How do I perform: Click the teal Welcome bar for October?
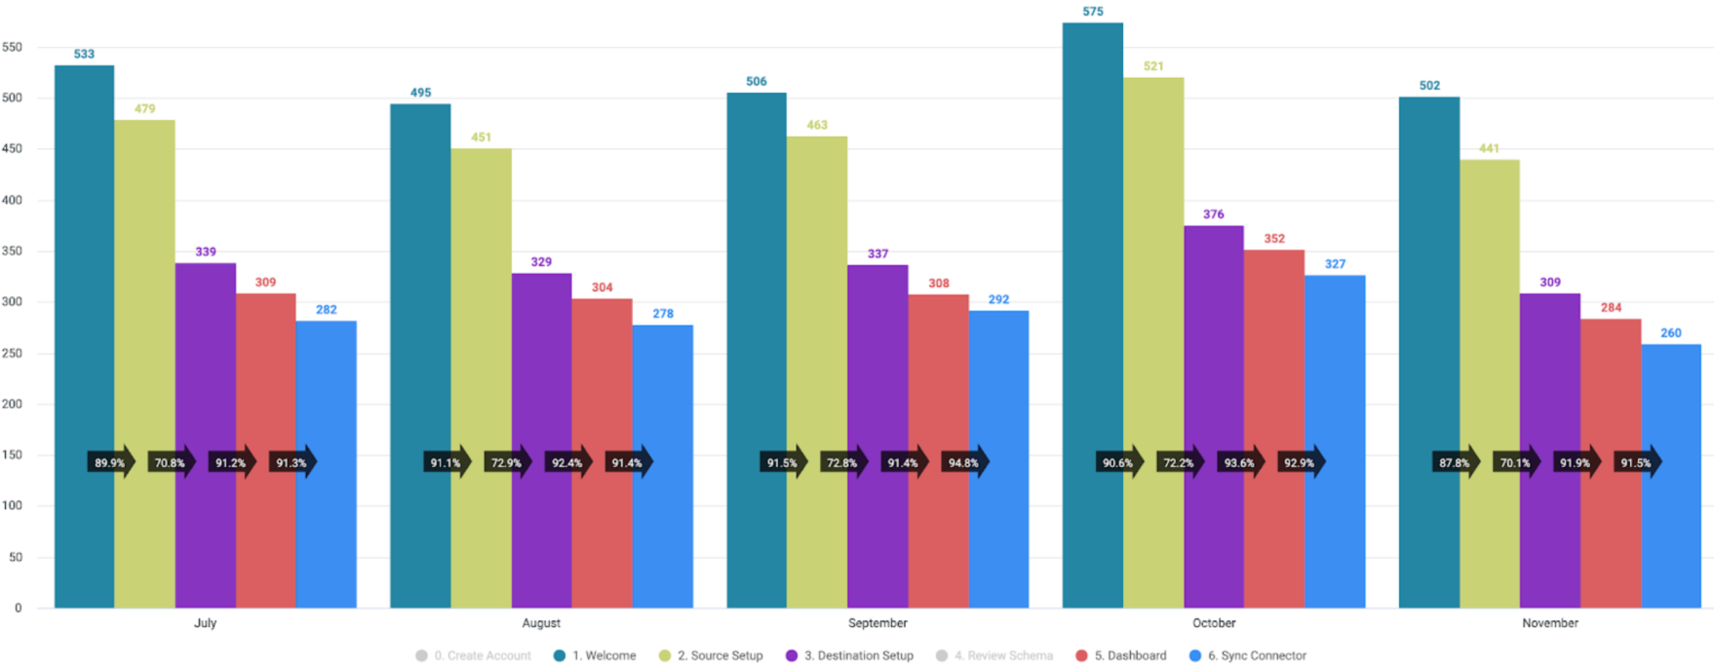pyautogui.click(x=1092, y=312)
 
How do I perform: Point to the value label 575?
pyautogui.click(x=1092, y=12)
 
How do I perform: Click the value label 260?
pyautogui.click(x=1671, y=333)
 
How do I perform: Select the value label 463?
pyautogui.click(x=817, y=125)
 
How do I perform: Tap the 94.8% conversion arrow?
pyautogui.click(x=964, y=462)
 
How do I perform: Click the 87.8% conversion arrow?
pyautogui.click(x=1456, y=462)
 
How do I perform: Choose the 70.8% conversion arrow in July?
pyautogui.click(x=171, y=462)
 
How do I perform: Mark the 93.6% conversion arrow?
pyautogui.click(x=1240, y=462)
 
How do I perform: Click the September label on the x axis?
pyautogui.click(x=877, y=623)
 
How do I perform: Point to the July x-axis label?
pyautogui.click(x=205, y=623)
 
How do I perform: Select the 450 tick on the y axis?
pyautogui.click(x=12, y=149)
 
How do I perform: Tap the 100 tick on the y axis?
pyautogui.click(x=12, y=506)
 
